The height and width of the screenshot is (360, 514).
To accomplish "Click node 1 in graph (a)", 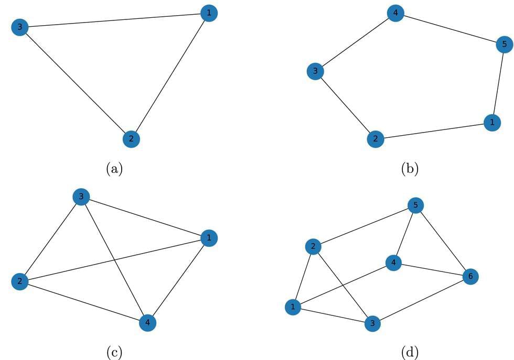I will pos(209,13).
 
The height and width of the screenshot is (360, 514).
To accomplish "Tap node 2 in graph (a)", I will pos(131,139).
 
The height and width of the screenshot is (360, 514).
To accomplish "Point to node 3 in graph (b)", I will pos(315,72).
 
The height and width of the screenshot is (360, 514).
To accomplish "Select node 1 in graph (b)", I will pos(491,123).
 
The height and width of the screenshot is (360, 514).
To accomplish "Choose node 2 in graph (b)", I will pos(375,139).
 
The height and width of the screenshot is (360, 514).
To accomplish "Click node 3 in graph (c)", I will pos(81,197).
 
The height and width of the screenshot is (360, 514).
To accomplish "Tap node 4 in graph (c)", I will pos(148,323).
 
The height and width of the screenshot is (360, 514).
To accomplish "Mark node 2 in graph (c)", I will pos(19,282).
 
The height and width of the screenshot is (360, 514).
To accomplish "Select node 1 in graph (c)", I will pos(209,238).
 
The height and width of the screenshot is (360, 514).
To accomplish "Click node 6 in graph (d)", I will pos(470,277).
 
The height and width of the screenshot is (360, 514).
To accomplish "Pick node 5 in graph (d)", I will pos(415,206).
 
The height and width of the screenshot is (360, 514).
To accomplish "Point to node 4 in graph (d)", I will pos(393,263).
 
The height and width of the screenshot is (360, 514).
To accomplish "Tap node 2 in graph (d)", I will pos(313,247).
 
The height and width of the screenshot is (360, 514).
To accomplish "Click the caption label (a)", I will pos(114,169).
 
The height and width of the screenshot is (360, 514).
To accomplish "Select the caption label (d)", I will pos(410,352).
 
